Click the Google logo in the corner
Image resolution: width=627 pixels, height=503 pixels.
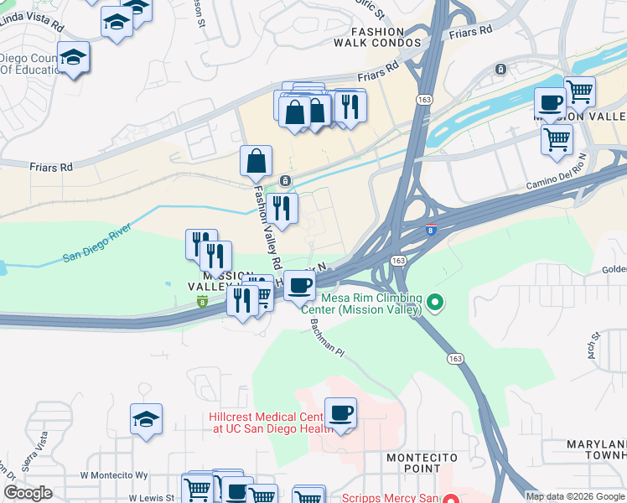coord(28,492)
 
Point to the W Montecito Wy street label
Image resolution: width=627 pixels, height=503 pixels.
coord(114,474)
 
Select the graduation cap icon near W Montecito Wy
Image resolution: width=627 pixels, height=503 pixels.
coord(146,420)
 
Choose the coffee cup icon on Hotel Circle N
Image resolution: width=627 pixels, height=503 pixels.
coord(299,285)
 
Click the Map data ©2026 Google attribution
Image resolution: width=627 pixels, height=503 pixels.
coord(575,496)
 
